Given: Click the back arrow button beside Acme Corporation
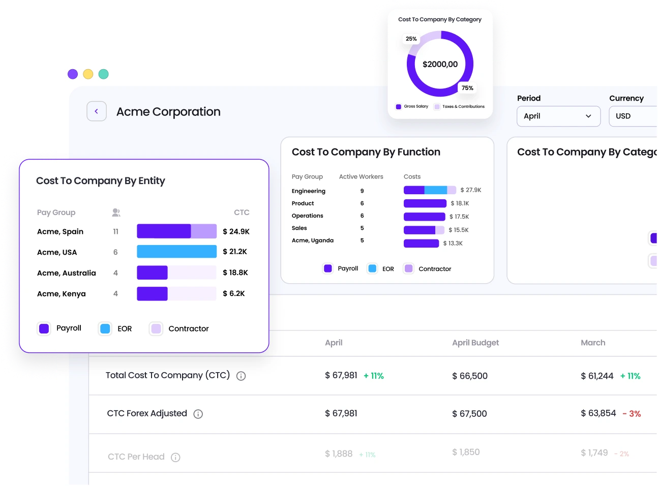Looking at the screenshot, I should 97,111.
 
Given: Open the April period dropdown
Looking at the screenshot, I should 558,116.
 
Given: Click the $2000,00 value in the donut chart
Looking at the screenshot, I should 440,64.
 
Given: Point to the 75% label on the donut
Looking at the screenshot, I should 467,88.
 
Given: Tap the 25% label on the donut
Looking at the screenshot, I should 411,39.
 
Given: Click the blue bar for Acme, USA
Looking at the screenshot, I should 176,252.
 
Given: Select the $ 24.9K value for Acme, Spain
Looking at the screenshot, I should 236,231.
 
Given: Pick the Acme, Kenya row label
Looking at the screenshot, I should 62,294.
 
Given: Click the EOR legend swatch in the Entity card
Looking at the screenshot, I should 105,329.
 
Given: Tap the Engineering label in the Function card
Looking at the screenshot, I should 309,191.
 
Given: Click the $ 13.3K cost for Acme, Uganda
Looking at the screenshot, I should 453,244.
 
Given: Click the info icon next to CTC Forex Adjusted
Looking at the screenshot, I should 198,414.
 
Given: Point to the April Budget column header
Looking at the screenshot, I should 475,343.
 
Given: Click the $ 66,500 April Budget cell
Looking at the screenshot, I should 470,376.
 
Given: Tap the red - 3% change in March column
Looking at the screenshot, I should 632,414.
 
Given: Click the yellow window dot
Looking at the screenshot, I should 88,74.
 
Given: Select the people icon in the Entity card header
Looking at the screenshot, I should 116,212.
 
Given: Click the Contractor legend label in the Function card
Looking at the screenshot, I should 435,269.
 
